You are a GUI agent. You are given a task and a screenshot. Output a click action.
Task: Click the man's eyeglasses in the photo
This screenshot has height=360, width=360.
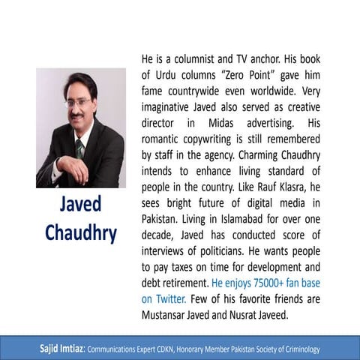pos(79,101)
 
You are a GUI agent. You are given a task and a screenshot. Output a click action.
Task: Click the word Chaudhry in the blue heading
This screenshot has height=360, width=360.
pos(81,233)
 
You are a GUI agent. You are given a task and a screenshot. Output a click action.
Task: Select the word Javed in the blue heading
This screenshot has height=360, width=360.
pos(81,205)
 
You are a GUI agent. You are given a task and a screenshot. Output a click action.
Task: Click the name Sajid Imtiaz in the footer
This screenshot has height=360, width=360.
pos(63,349)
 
